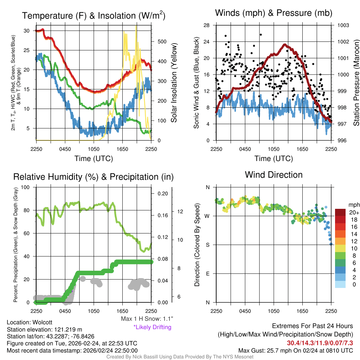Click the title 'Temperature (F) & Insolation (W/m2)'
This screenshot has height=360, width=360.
[94, 15]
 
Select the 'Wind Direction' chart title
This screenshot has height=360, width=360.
[274, 174]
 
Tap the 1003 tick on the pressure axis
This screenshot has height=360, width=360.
[343, 25]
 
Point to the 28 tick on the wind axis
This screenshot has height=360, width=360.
[206, 25]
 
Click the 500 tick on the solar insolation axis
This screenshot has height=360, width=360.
[161, 41]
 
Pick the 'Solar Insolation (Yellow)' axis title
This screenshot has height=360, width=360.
[174, 83]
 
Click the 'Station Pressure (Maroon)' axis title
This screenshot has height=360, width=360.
[356, 83]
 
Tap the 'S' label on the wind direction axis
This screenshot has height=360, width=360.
[208, 245]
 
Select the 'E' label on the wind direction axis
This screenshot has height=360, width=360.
[208, 274]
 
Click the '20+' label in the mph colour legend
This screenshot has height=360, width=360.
[354, 212]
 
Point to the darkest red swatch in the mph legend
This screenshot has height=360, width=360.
[340, 212]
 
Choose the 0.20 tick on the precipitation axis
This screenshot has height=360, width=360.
[163, 194]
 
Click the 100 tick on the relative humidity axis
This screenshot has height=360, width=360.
[25, 187]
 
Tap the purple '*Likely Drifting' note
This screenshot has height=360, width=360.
[152, 327]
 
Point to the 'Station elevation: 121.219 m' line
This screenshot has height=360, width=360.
[44, 329]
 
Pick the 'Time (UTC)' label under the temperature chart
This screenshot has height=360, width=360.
[94, 159]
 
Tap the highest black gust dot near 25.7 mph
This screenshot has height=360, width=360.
[261, 34]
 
